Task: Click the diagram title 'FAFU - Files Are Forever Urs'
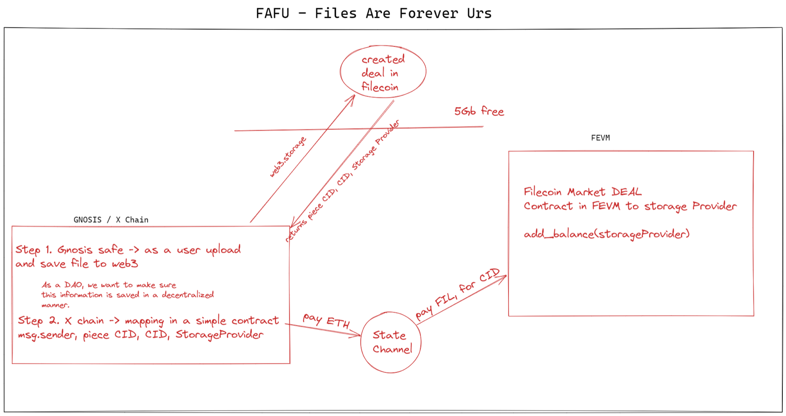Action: click(x=373, y=13)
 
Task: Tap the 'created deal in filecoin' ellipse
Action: click(x=383, y=72)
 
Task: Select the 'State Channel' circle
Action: click(x=391, y=342)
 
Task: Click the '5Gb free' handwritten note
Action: click(x=479, y=111)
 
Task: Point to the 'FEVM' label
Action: click(x=600, y=138)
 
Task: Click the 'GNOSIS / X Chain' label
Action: click(x=111, y=220)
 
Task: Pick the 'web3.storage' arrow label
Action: click(x=287, y=157)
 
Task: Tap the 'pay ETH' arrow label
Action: click(x=326, y=321)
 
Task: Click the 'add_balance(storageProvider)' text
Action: click(x=606, y=234)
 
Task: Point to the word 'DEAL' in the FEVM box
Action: click(x=626, y=192)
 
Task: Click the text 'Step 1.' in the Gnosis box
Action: click(x=34, y=250)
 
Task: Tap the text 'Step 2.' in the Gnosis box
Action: click(x=38, y=321)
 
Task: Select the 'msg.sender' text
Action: click(x=46, y=335)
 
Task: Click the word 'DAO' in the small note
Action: click(x=73, y=285)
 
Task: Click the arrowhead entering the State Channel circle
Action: click(x=358, y=336)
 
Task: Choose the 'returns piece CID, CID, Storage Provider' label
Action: click(x=342, y=181)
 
